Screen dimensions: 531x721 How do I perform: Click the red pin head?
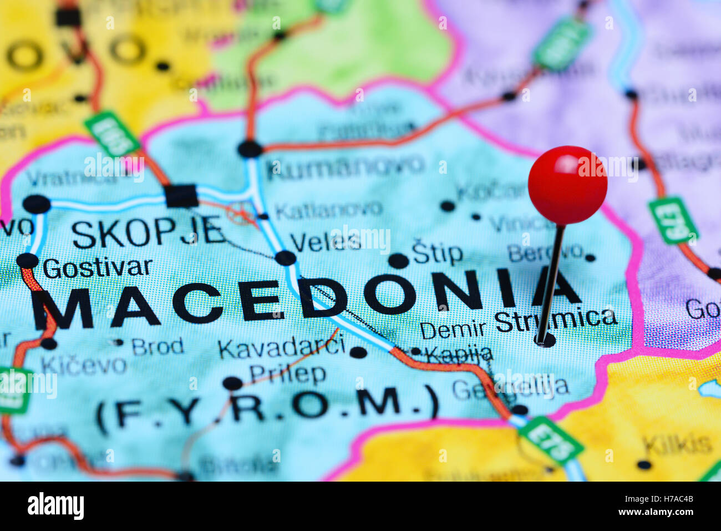(567, 185)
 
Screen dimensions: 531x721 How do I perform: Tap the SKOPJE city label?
(149, 234)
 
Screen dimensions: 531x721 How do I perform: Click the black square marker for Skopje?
(181, 196)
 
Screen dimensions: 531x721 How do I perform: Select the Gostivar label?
(97, 269)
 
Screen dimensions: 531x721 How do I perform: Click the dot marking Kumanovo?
(250, 149)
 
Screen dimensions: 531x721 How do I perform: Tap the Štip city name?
(437, 254)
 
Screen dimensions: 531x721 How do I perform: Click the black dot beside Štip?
(398, 260)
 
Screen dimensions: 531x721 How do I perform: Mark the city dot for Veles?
(285, 258)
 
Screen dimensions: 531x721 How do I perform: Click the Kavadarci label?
(281, 348)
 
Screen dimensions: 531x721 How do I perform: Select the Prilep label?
(287, 375)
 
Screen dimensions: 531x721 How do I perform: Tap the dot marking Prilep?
(232, 383)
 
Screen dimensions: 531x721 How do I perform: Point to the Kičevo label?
(84, 365)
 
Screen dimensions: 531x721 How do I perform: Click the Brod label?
(158, 347)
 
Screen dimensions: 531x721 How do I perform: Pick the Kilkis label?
(677, 444)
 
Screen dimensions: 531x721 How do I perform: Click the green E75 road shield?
(551, 440)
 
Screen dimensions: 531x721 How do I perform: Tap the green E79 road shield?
(673, 220)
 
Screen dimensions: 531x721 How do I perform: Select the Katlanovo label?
(328, 210)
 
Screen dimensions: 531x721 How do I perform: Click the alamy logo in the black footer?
(55, 506)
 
